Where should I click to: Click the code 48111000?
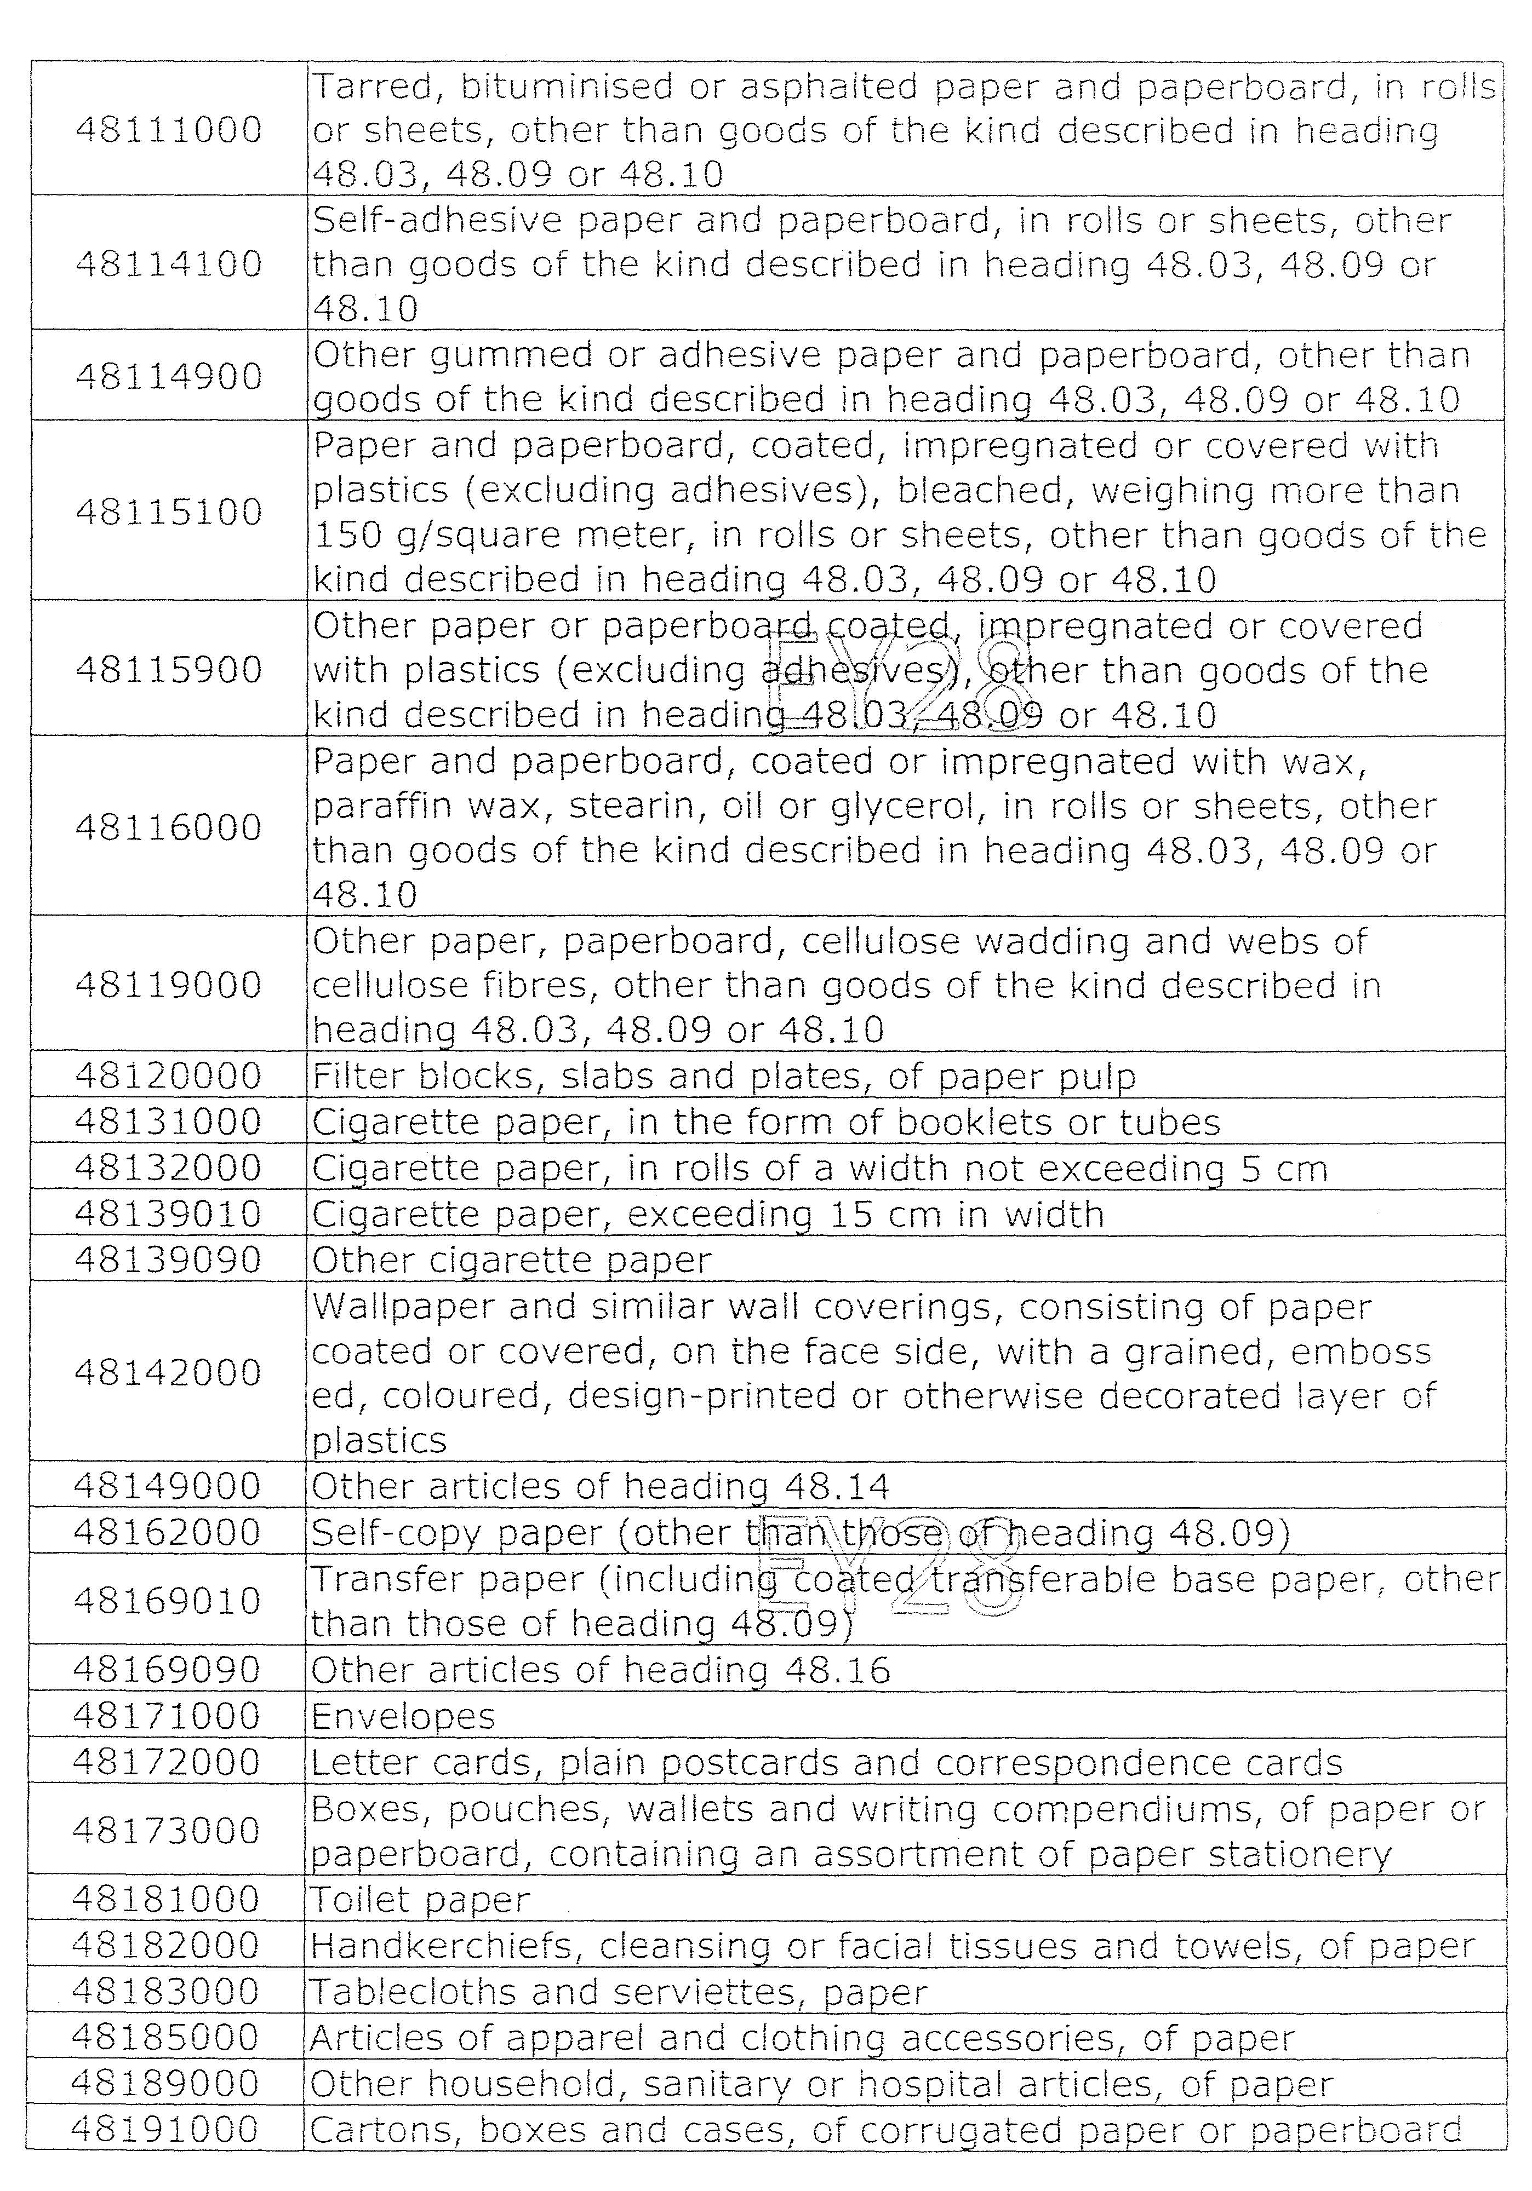click(x=168, y=130)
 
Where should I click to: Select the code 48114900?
click(x=168, y=377)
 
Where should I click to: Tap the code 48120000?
click(x=168, y=1077)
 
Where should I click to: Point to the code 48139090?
click(x=168, y=1261)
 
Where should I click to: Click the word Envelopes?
click(x=403, y=1717)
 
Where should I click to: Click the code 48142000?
click(x=168, y=1372)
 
